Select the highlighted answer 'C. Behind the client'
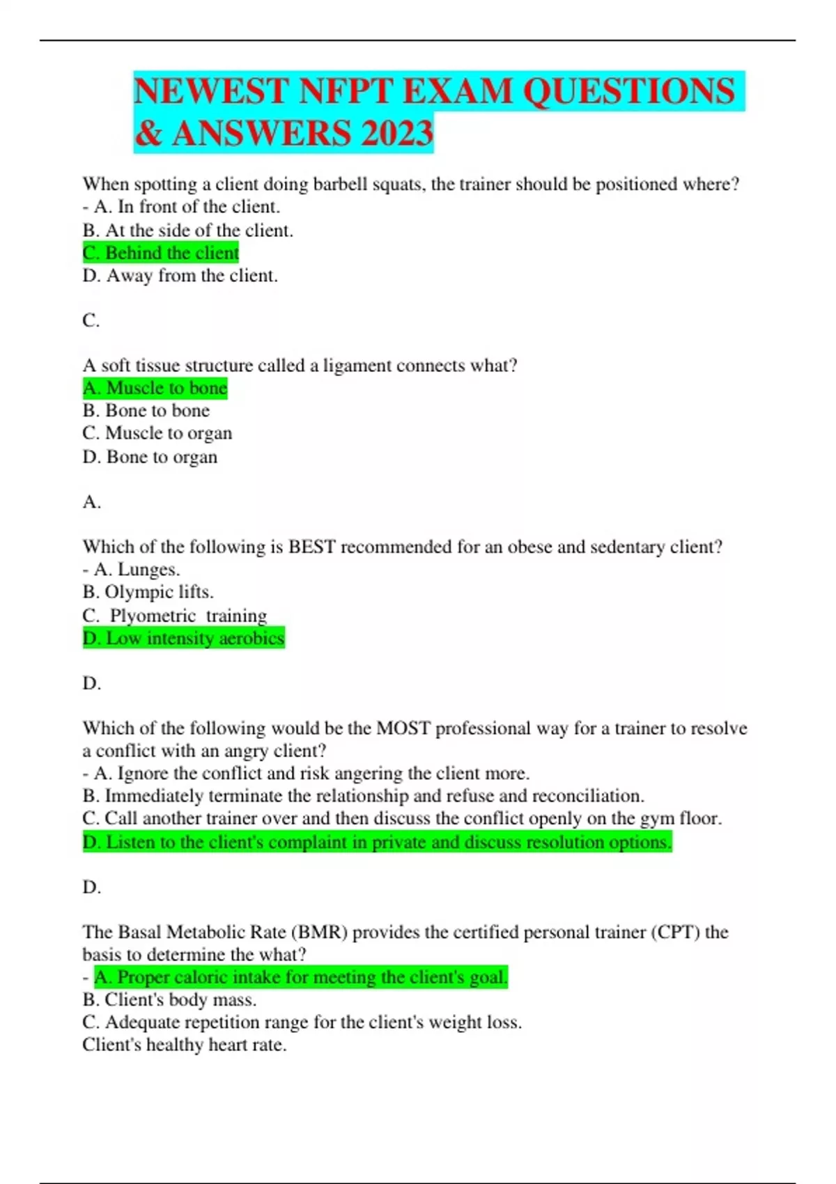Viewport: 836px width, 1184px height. coord(161,253)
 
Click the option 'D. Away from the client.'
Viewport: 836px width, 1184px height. coord(180,276)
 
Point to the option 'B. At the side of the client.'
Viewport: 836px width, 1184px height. coord(187,231)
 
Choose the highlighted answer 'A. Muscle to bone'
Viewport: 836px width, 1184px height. coord(155,388)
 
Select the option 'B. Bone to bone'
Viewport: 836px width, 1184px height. coord(146,411)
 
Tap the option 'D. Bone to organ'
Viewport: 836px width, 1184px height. coord(150,457)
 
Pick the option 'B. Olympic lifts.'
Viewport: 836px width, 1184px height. coord(148,592)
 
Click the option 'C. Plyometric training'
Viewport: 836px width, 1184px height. coord(174,616)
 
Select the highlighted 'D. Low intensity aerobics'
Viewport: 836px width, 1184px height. coord(184,639)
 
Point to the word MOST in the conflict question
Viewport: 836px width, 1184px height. coord(403,729)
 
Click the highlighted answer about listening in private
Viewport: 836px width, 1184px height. coord(377,842)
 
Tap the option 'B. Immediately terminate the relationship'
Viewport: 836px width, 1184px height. coord(363,796)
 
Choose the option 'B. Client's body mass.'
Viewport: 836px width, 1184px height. coord(169,1000)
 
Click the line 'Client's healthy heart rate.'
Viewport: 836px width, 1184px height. coord(184,1045)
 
